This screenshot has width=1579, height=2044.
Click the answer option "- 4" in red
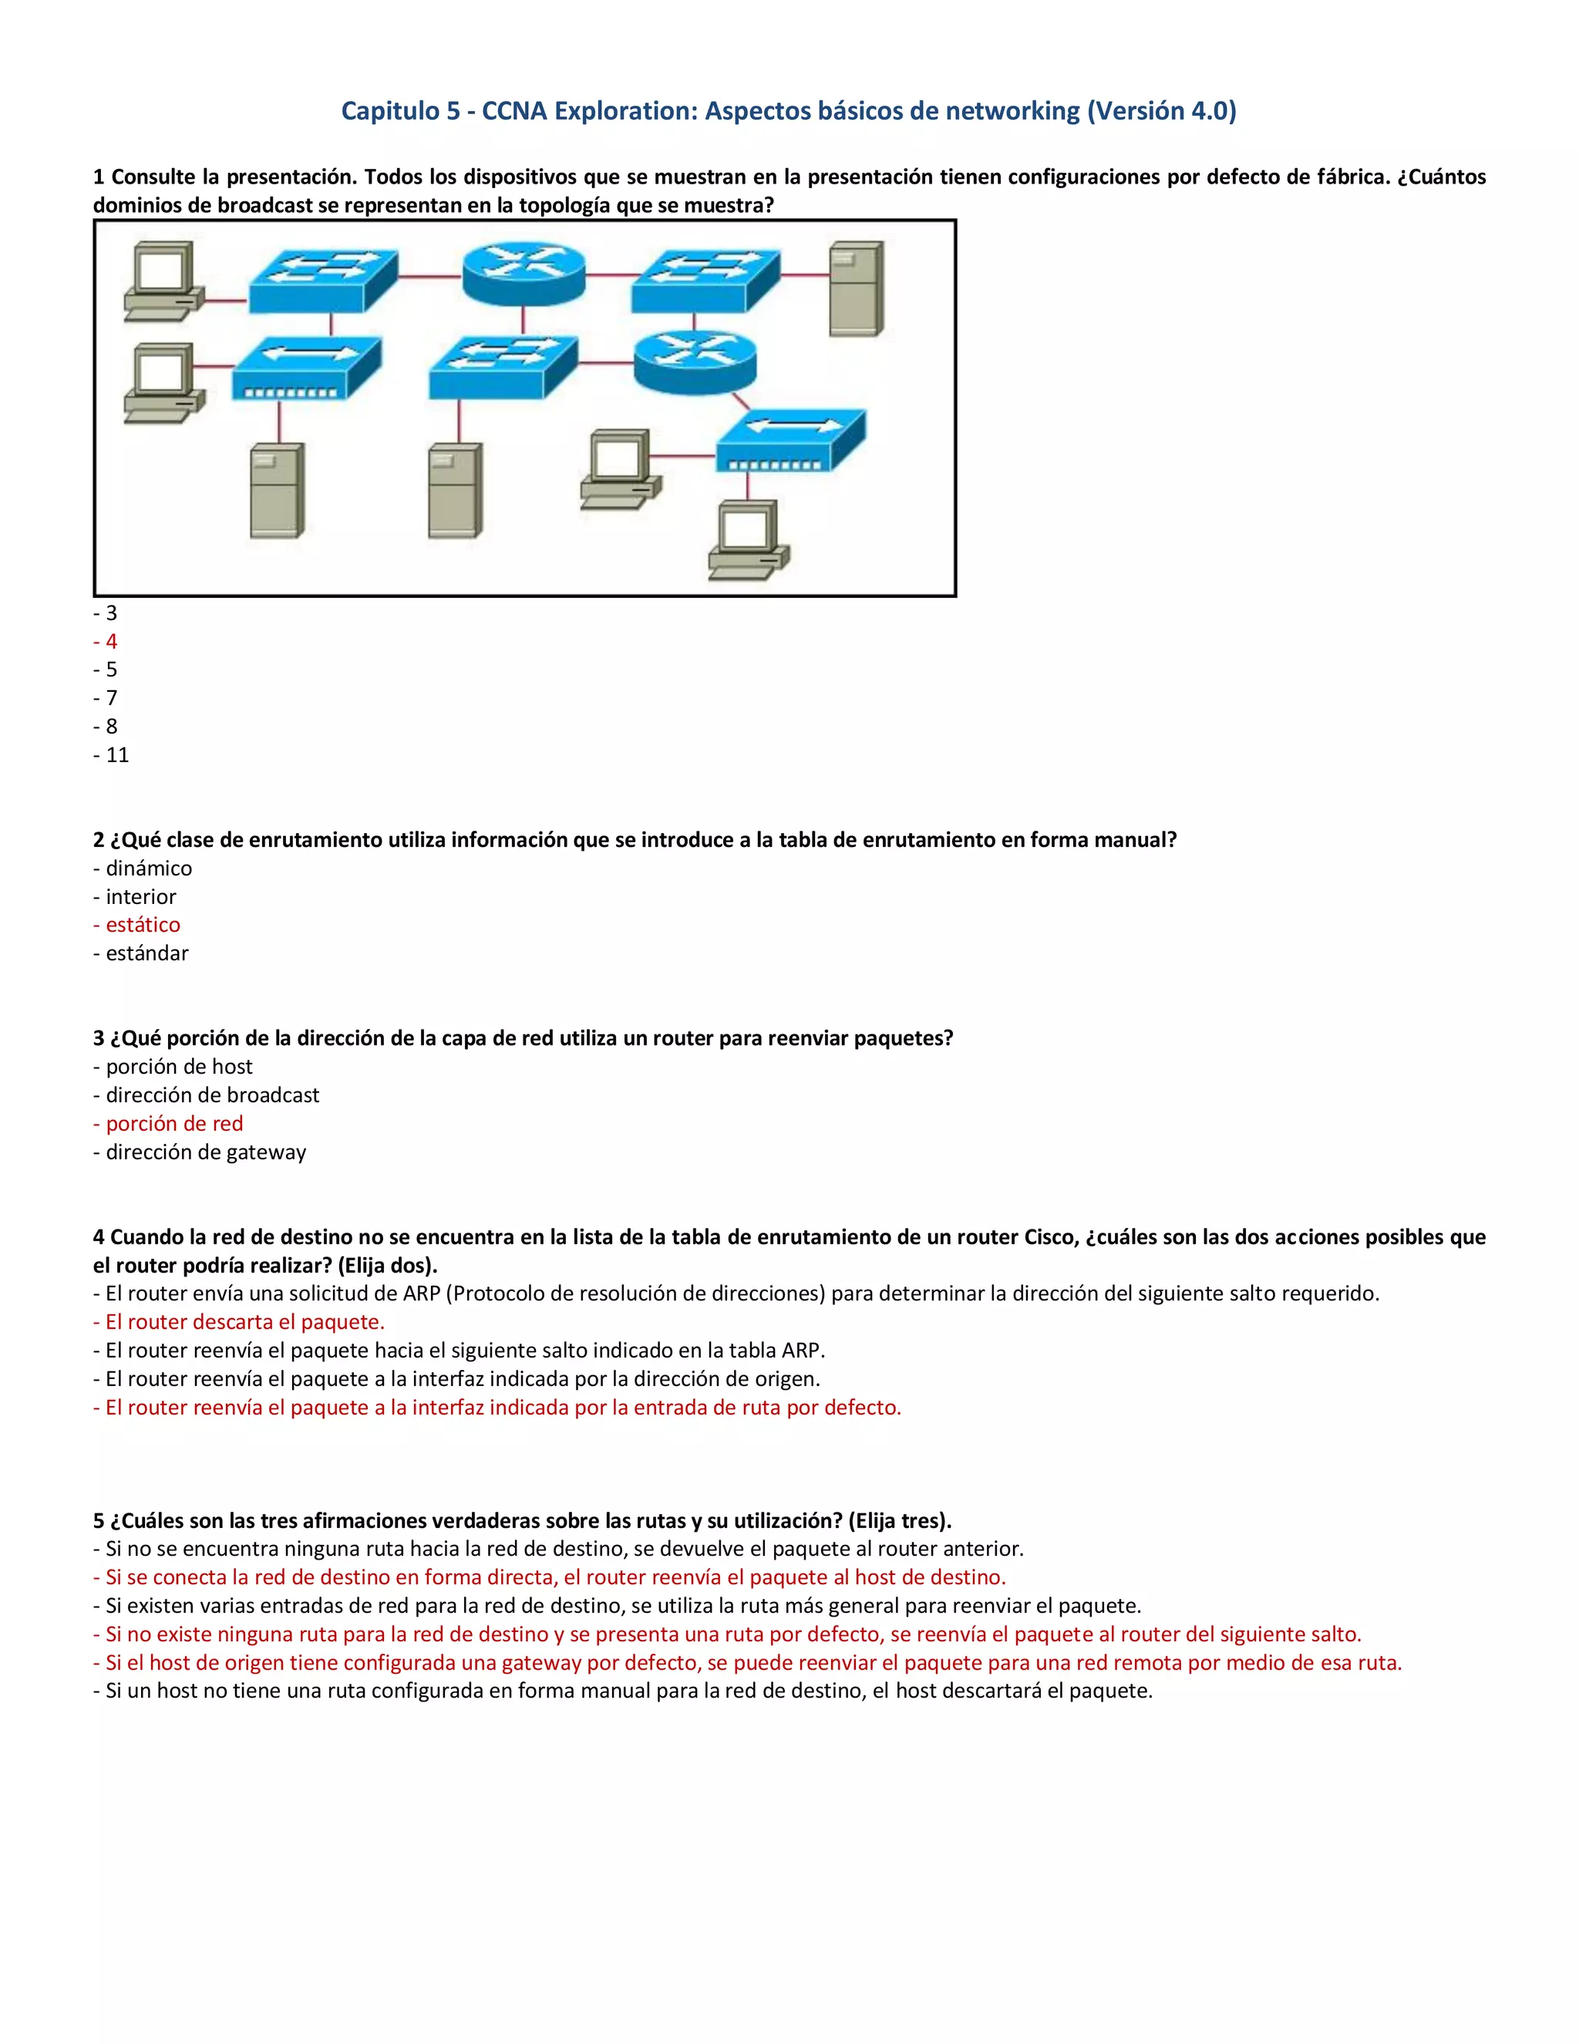106,641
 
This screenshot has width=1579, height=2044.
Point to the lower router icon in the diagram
694,363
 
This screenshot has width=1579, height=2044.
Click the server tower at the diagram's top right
856,288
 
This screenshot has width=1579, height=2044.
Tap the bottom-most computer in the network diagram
749,540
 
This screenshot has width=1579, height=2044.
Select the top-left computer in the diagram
163,281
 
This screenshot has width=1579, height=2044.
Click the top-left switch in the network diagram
323,280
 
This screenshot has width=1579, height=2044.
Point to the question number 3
98,1038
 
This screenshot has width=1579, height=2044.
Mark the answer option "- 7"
106,698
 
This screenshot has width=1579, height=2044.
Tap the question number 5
98,1520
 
